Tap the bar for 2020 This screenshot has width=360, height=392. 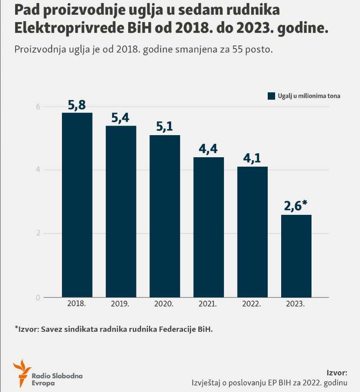pyautogui.click(x=165, y=216)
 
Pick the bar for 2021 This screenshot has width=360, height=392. pyautogui.click(x=208, y=227)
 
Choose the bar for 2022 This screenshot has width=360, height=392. pyautogui.click(x=252, y=232)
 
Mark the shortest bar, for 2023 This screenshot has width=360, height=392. pyautogui.click(x=296, y=256)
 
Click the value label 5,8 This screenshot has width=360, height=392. pyautogui.click(x=77, y=105)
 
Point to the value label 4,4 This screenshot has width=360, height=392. pyautogui.click(x=208, y=149)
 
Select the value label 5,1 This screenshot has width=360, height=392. pyautogui.click(x=165, y=127)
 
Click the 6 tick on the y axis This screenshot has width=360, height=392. pyautogui.click(x=38, y=107)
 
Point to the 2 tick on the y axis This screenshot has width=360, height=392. pyautogui.click(x=38, y=233)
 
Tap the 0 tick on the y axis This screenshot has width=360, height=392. pyautogui.click(x=38, y=298)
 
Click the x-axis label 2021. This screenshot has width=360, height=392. pyautogui.click(x=208, y=304)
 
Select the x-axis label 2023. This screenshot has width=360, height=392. pyautogui.click(x=295, y=304)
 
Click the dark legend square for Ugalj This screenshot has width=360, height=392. pyautogui.click(x=272, y=96)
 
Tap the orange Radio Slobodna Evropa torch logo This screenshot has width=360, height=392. pyautogui.click(x=22, y=373)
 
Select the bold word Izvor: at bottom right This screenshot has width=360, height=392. pyautogui.click(x=337, y=373)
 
